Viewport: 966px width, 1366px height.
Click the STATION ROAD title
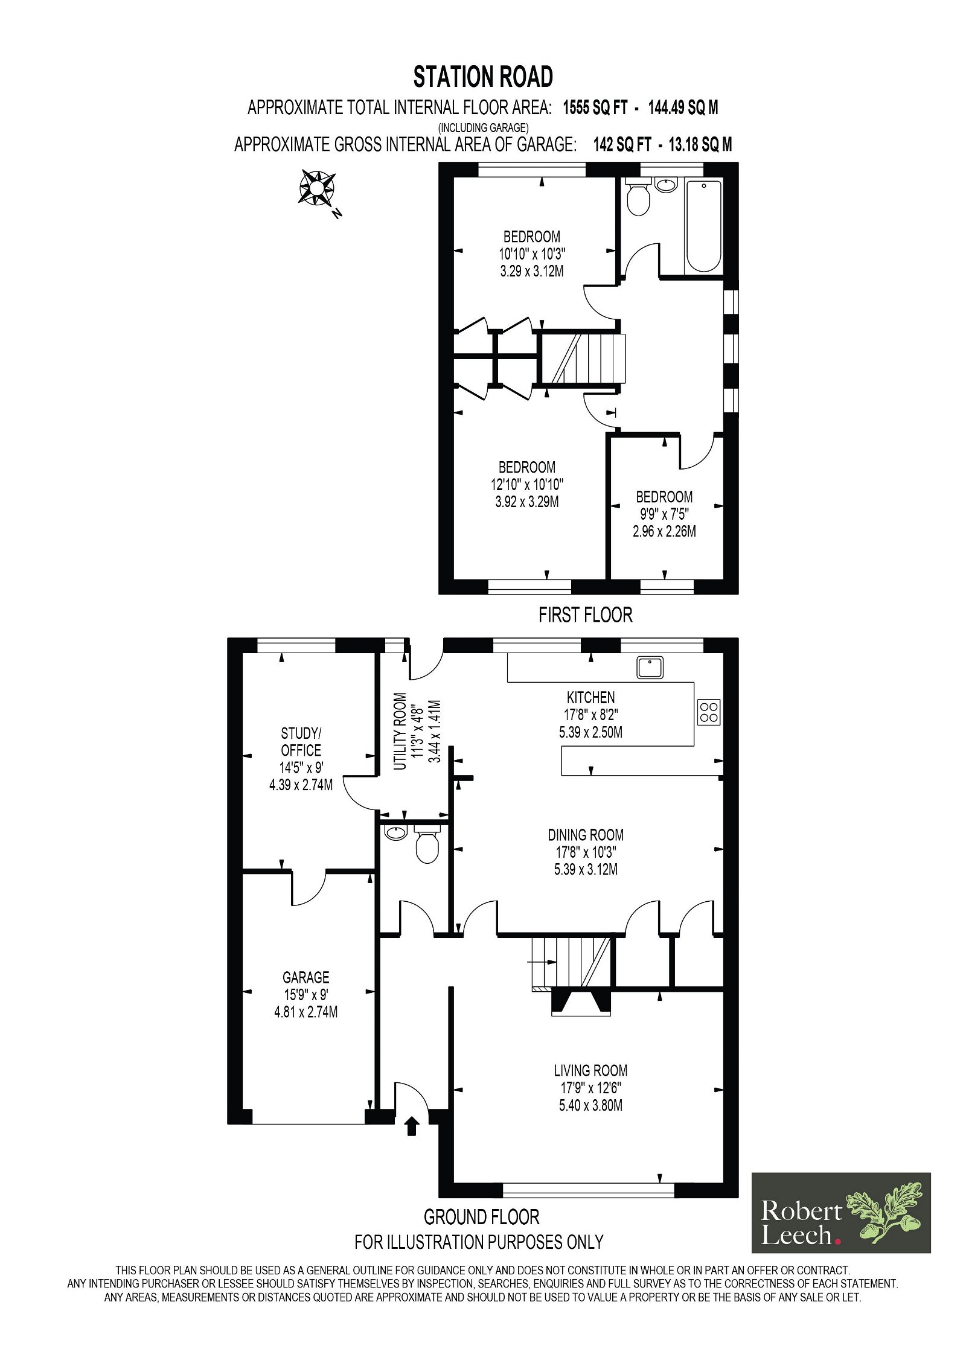point(483,77)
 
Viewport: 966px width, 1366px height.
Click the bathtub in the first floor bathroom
point(703,226)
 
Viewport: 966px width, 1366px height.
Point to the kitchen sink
point(650,668)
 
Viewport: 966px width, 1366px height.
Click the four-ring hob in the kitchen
point(709,712)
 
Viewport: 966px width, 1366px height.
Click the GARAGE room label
point(306,977)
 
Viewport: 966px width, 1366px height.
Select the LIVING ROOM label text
point(590,1071)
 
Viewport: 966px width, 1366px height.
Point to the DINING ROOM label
point(586,835)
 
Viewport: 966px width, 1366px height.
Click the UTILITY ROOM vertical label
point(400,731)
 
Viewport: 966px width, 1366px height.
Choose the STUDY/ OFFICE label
point(301,742)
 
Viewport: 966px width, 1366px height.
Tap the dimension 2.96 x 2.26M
point(664,532)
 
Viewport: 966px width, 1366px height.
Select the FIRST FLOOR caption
point(586,615)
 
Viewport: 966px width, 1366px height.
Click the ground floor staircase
point(571,963)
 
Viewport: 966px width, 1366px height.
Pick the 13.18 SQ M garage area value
point(700,145)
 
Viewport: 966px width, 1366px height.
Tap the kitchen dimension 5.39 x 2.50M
point(590,732)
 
